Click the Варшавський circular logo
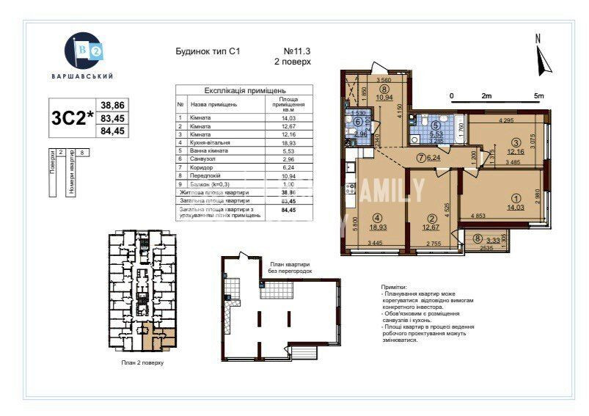pos(83,51)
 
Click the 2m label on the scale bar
pos(485,95)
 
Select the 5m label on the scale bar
pos(538,95)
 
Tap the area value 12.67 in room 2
pos(432,227)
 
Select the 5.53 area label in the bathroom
pos(435,135)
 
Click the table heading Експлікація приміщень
pos(244,91)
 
